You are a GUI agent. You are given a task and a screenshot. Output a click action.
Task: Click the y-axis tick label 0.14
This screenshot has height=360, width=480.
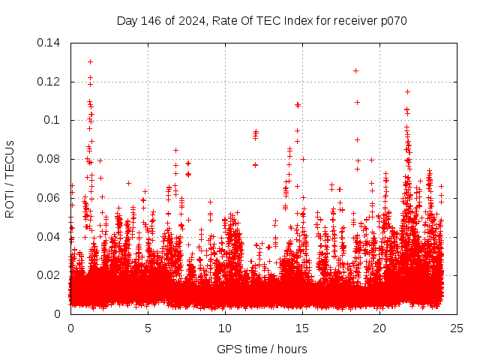49,43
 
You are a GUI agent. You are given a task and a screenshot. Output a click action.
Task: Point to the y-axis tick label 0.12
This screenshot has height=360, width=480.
49,82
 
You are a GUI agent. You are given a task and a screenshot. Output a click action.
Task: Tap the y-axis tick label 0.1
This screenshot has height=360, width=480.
52,120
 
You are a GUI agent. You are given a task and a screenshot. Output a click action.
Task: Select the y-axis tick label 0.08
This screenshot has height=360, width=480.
49,159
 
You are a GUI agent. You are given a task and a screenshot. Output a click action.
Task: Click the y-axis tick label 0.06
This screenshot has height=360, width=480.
49,198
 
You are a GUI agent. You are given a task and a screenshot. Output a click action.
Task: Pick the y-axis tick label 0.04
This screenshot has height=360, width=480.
49,237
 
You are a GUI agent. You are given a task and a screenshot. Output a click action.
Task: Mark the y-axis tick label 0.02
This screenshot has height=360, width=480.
49,275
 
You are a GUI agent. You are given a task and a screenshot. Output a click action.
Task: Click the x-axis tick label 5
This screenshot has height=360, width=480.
148,328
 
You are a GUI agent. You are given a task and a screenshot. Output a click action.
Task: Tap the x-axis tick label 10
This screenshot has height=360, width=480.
225,328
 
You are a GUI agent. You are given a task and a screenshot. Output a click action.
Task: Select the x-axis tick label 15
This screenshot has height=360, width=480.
302,328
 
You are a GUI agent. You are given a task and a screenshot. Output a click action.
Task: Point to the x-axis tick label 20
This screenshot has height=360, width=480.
379,328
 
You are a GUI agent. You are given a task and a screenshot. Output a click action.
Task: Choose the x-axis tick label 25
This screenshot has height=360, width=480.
457,328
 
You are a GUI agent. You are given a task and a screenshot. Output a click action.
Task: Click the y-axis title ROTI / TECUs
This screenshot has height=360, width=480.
10,178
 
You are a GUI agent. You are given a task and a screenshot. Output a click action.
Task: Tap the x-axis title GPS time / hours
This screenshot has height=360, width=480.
263,349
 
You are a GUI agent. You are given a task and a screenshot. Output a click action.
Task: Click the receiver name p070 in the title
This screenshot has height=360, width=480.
392,21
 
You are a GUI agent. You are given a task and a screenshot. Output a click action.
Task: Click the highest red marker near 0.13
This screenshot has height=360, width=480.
90,61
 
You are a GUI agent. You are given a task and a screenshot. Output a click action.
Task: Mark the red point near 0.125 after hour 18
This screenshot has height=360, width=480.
355,70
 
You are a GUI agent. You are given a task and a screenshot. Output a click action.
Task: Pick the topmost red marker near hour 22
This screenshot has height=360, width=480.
407,91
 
